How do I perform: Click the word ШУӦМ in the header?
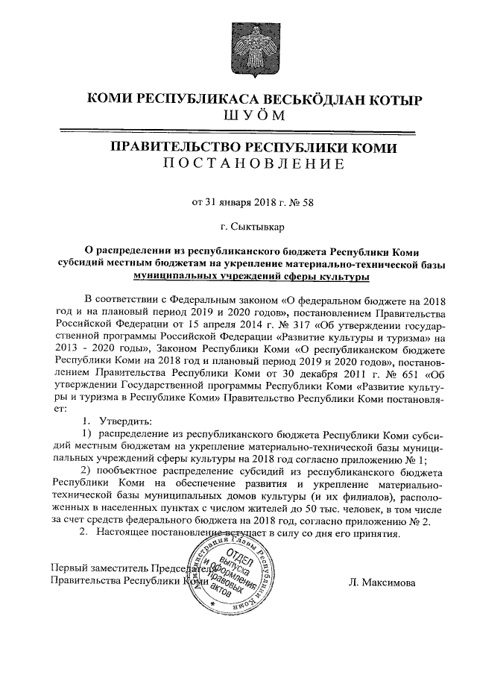(x=253, y=117)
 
